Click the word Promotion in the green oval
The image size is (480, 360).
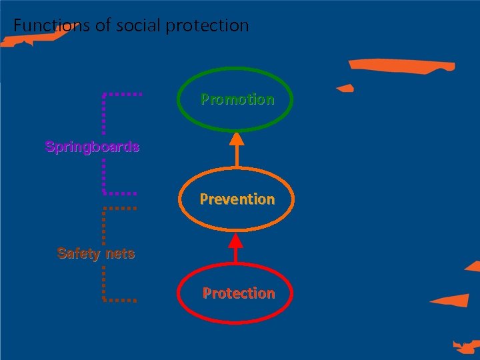[x=237, y=99]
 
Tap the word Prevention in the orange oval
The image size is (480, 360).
[x=237, y=199]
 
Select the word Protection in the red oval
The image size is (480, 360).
[x=239, y=293]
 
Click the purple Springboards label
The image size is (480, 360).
[x=92, y=147]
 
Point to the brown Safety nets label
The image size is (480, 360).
[x=96, y=253]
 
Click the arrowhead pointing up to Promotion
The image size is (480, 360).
[x=237, y=138]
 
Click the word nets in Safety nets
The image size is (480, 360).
[x=119, y=253]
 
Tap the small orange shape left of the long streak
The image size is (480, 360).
[x=345, y=88]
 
